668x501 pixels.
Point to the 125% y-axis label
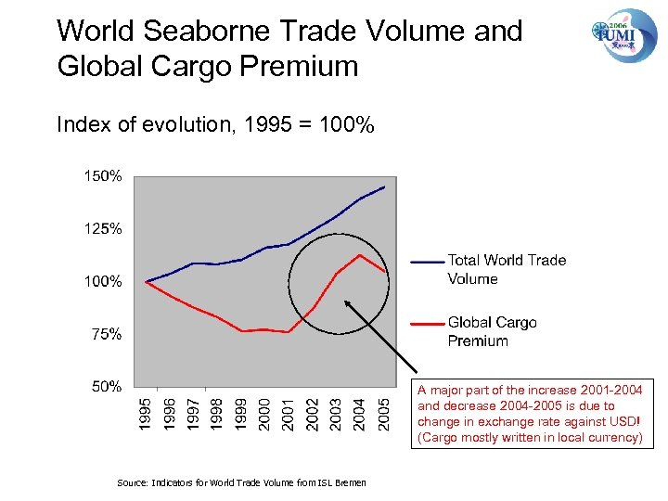pos(102,228)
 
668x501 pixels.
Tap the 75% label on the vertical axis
pos(105,334)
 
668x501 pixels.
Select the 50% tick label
pos(105,387)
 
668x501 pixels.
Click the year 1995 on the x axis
pos(147,414)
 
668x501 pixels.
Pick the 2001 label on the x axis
pos(289,414)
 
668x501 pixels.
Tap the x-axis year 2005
pos(384,414)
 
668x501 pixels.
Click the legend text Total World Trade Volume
pos(506,269)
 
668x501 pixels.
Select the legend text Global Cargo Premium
pos(492,331)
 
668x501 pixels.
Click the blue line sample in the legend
pos(427,262)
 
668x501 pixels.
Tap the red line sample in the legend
pos(427,324)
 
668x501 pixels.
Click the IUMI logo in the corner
pos(623,34)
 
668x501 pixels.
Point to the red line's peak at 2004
pos(360,255)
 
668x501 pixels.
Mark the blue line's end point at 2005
pos(384,186)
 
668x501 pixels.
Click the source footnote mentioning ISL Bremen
pos(241,482)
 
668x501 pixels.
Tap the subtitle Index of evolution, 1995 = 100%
pos(215,124)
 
